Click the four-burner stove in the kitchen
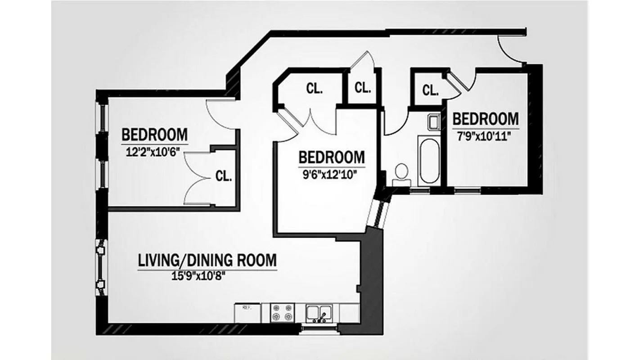(x=282, y=312)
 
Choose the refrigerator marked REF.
(x=246, y=312)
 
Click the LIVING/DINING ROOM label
(x=207, y=260)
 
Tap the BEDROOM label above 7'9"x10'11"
(x=485, y=119)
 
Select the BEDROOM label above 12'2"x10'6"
(x=155, y=135)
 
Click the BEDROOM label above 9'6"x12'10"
(x=332, y=157)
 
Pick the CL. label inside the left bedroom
(x=224, y=175)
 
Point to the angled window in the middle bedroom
(x=376, y=213)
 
